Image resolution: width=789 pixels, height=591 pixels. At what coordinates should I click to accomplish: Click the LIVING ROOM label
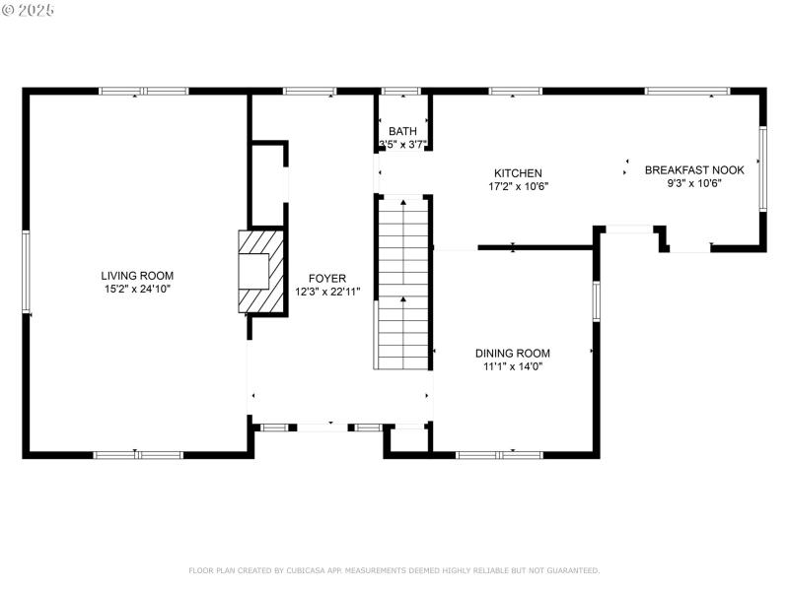pos(137,275)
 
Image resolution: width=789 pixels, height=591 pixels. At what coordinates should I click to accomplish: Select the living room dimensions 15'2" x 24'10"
pos(137,289)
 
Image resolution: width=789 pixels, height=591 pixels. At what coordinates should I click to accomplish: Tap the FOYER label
pos(326,278)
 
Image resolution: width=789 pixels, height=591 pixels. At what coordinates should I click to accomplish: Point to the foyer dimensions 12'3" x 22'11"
pos(326,292)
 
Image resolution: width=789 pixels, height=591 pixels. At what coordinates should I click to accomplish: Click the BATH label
pos(402,131)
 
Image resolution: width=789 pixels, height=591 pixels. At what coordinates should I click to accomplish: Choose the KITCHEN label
pos(518,172)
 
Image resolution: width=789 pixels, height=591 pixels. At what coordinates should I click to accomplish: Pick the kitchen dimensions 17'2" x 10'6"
pos(518,186)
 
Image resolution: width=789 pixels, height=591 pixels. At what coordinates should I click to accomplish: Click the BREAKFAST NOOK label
pos(694,169)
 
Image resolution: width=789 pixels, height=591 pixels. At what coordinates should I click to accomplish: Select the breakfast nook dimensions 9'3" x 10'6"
pos(694,183)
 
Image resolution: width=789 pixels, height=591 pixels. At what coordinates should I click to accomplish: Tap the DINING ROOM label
pos(512,353)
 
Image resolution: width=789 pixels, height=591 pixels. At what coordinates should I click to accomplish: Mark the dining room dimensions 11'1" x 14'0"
pos(512,366)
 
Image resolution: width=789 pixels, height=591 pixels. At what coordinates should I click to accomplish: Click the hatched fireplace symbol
pos(258,272)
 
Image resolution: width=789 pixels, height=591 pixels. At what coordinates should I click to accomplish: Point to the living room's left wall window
pos(27,274)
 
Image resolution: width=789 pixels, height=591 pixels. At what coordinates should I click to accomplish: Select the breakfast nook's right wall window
pos(761,168)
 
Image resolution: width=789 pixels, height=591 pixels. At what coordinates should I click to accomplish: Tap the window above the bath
pos(401,92)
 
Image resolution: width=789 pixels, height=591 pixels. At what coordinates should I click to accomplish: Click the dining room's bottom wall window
pos(499,454)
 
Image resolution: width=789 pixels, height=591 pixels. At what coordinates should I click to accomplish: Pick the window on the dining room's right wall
pos(595,300)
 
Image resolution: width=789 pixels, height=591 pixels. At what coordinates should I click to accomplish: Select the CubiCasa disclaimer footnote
pos(394,570)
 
